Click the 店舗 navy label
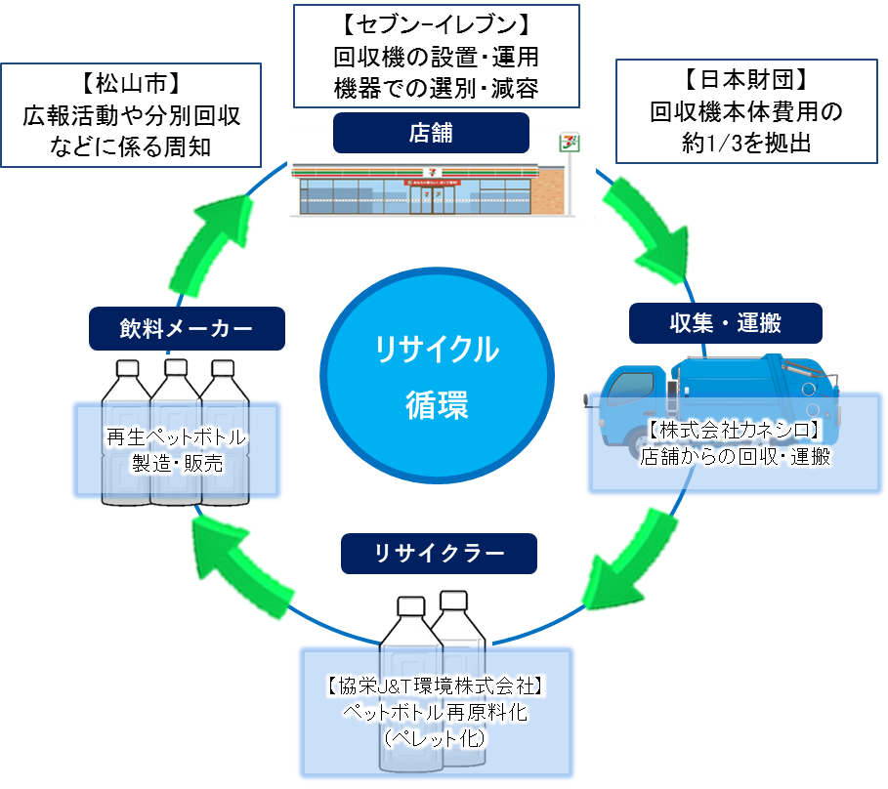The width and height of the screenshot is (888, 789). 430,133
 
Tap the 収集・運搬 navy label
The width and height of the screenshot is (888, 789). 725,323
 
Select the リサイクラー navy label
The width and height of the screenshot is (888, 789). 439,554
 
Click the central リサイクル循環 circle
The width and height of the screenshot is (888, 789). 437,375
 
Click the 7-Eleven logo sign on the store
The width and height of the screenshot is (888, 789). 564,143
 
